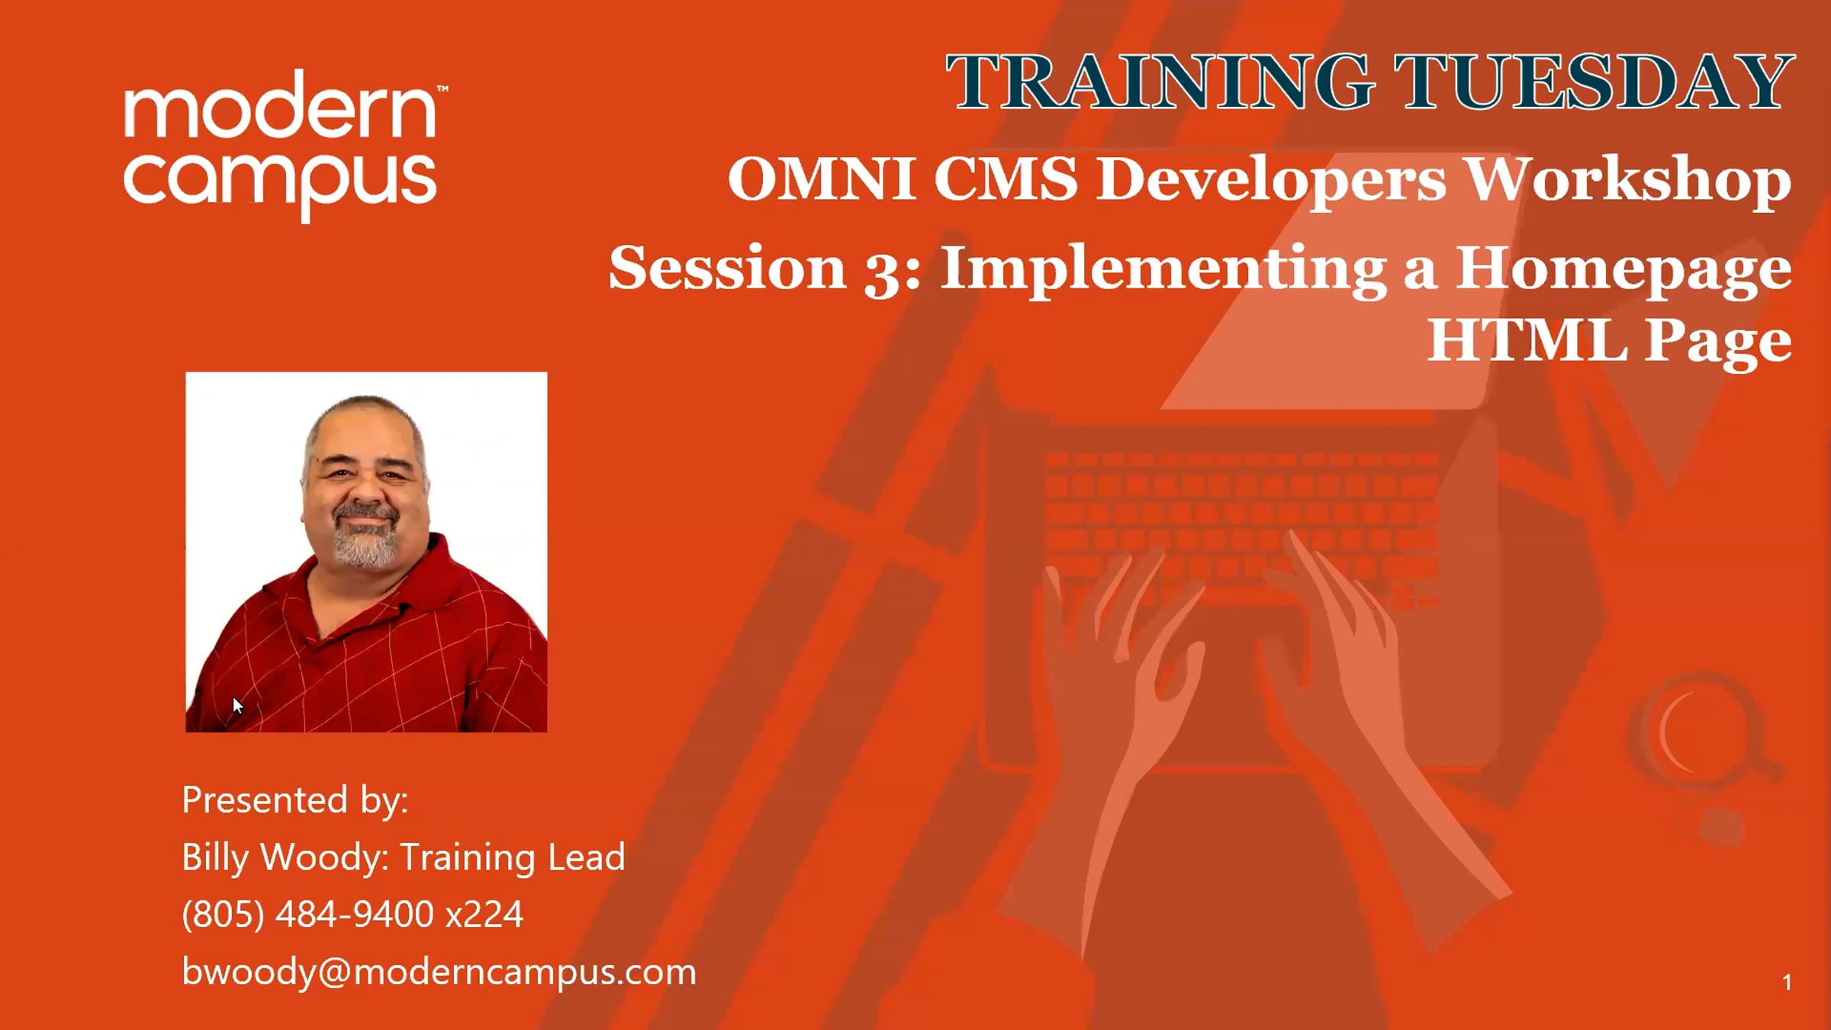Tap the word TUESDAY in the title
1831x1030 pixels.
(x=1594, y=82)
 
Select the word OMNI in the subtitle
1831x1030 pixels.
(x=822, y=179)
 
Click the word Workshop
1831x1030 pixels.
(x=1629, y=181)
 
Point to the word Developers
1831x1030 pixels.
(x=1272, y=182)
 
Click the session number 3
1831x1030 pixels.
(x=882, y=271)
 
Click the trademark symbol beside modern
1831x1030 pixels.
(x=442, y=89)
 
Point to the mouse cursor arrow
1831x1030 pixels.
(x=237, y=705)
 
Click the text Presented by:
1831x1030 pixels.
(x=295, y=800)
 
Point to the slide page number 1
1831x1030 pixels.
(x=1787, y=983)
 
